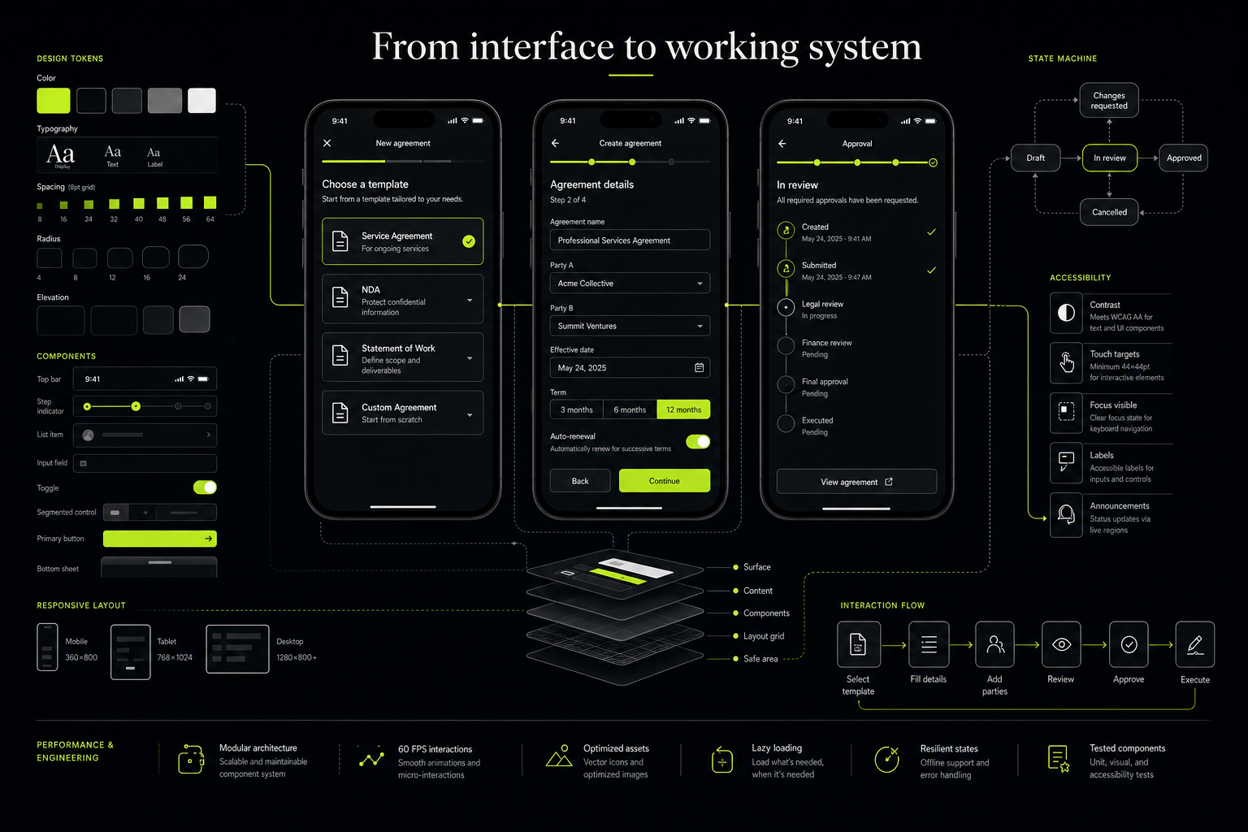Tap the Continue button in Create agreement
click(x=664, y=480)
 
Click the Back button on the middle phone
click(x=580, y=480)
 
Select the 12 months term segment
click(x=683, y=409)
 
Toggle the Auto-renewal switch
click(x=698, y=442)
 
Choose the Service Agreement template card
click(x=402, y=241)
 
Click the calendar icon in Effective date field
click(x=700, y=368)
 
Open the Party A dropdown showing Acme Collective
click(x=630, y=283)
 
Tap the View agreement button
click(x=856, y=482)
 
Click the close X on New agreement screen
click(x=327, y=143)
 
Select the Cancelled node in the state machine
click(x=1109, y=212)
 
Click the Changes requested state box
click(x=1109, y=100)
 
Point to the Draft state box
click(x=1035, y=158)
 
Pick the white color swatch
click(x=201, y=100)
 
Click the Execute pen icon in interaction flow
click(x=1194, y=645)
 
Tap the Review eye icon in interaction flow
click(x=1061, y=645)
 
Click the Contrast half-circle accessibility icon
click(x=1066, y=313)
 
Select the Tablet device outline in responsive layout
click(x=130, y=652)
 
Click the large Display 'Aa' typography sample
click(x=60, y=154)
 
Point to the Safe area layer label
click(x=760, y=659)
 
